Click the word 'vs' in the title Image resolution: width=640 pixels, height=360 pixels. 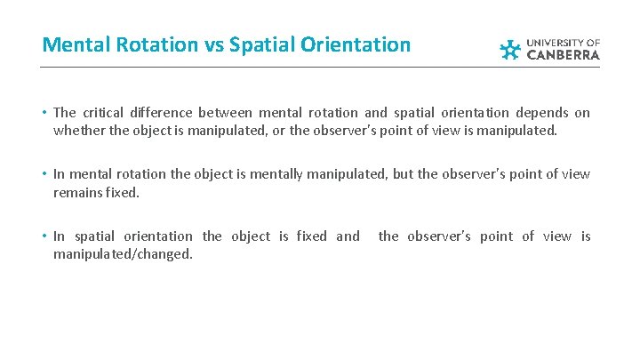(209, 44)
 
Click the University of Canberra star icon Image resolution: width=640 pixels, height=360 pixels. (510, 49)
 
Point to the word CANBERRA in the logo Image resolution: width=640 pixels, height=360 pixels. (564, 55)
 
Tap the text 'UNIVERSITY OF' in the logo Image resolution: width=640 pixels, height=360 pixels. (564, 42)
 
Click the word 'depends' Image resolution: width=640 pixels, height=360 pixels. (542, 112)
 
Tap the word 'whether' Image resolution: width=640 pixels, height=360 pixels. (76, 130)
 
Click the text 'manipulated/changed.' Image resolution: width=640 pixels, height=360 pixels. (124, 253)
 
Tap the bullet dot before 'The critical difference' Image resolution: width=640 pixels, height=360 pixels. (44, 113)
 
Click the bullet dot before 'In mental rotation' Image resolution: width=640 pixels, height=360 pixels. (44, 175)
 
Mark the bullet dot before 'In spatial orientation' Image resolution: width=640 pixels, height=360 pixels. (44, 236)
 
